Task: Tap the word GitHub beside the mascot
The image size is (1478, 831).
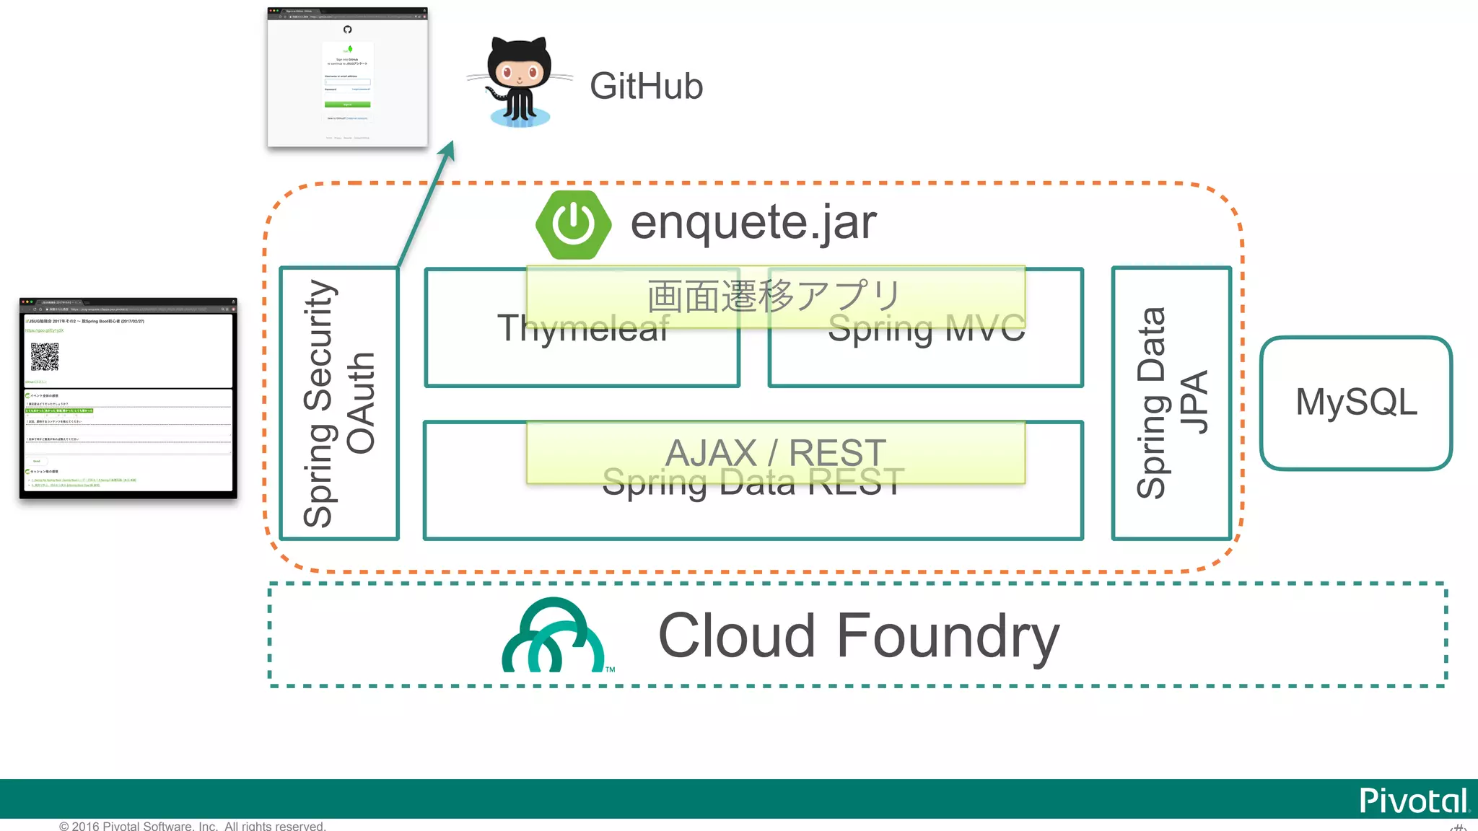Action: [x=646, y=87]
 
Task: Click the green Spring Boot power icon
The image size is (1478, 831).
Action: [x=573, y=224]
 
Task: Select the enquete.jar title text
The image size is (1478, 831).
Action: [x=753, y=222]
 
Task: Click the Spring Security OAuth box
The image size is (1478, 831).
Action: [x=339, y=403]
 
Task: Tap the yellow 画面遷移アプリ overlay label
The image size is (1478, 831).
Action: [x=775, y=296]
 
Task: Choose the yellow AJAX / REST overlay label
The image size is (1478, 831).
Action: [x=775, y=452]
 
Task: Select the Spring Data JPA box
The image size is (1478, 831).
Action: [x=1171, y=403]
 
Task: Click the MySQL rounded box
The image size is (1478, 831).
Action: [x=1356, y=403]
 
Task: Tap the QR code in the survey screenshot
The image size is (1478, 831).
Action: [x=45, y=356]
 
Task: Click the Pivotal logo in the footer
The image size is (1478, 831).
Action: [x=1414, y=800]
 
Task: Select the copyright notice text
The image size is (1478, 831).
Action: [x=192, y=825]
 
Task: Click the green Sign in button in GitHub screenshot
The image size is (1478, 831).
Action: [x=347, y=105]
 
